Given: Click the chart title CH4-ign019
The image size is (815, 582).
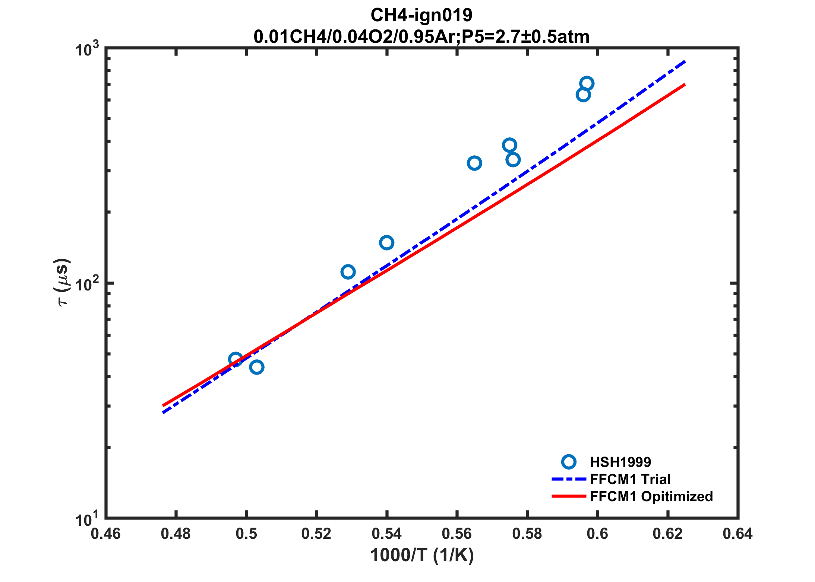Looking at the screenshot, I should [421, 15].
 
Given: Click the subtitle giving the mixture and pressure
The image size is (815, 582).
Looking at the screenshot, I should [421, 36].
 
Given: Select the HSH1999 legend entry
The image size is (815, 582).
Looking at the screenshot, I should [620, 462].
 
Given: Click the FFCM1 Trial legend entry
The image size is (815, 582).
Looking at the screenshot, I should [630, 479].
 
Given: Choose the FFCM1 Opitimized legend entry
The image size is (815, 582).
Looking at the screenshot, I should [651, 496].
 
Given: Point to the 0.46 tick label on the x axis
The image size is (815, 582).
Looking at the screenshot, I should [106, 534].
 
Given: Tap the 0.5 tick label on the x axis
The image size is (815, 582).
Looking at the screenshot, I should [246, 534].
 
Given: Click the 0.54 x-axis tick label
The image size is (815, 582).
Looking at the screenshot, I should [387, 534].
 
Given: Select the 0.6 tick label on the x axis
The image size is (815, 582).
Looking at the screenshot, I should [597, 534].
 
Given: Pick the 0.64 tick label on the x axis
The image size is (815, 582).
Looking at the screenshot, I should [737, 534].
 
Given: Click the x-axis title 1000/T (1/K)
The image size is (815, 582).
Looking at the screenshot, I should [422, 555].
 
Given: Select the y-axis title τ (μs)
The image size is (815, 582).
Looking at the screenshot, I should [62, 282].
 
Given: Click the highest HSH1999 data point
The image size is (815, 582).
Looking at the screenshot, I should [587, 83].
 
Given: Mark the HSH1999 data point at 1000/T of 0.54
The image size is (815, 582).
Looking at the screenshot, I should [387, 243].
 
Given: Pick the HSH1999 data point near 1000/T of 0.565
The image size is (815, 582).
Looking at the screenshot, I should [474, 163].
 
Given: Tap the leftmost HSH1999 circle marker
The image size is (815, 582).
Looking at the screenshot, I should [236, 359].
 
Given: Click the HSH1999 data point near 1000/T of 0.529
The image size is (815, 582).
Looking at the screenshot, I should [348, 272].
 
